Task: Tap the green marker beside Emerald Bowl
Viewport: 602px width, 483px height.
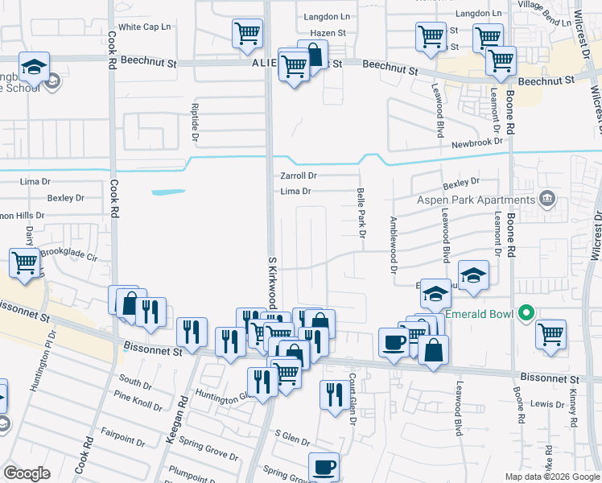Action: pyautogui.click(x=527, y=312)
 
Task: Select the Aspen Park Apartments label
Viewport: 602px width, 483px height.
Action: pyautogui.click(x=477, y=199)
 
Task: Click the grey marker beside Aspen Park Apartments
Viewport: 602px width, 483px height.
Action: pyautogui.click(x=547, y=198)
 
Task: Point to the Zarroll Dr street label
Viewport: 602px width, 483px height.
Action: pyautogui.click(x=299, y=175)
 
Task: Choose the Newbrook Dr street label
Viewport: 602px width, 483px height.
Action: pyautogui.click(x=476, y=142)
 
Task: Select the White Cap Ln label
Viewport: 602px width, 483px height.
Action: pyautogui.click(x=145, y=27)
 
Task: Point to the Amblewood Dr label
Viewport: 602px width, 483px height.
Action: pyautogui.click(x=394, y=245)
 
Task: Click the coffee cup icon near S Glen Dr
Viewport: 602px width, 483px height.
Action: pyautogui.click(x=324, y=467)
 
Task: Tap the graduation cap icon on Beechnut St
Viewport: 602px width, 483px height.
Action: pyautogui.click(x=35, y=67)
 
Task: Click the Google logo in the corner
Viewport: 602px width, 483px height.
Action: pyautogui.click(x=27, y=473)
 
